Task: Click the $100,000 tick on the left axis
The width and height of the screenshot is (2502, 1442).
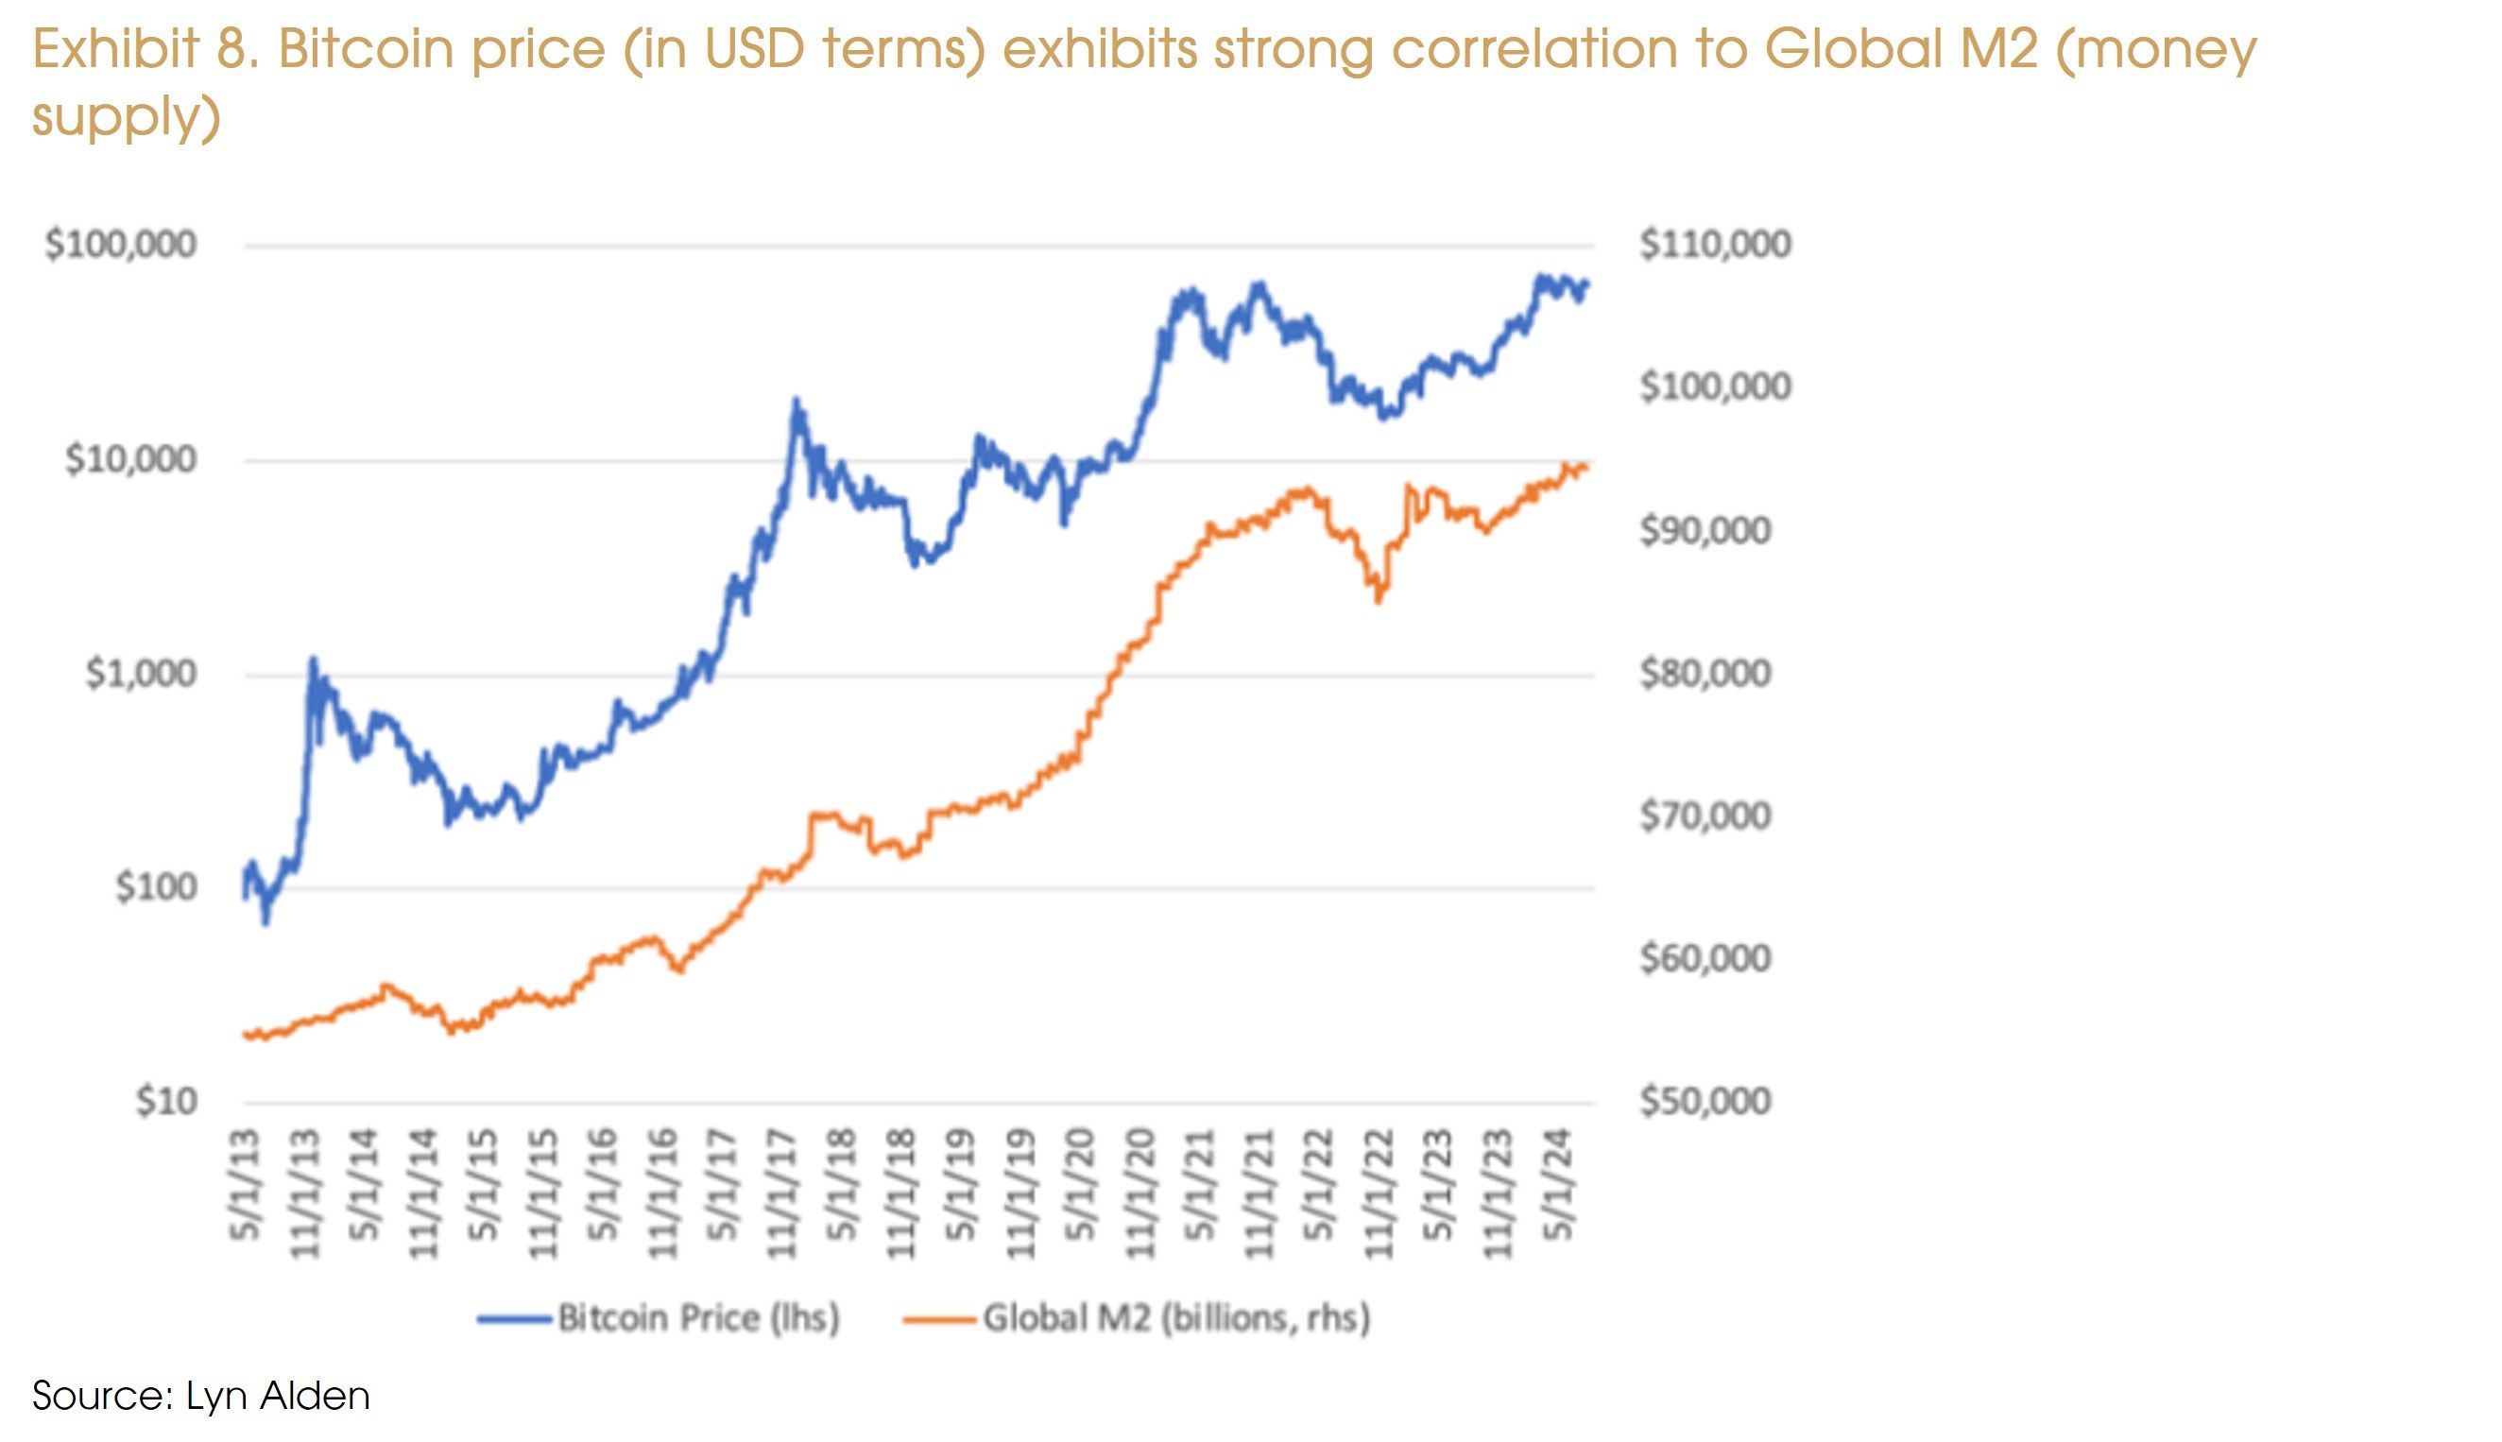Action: click(x=121, y=245)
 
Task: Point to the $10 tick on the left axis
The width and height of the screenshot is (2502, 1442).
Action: click(x=166, y=1101)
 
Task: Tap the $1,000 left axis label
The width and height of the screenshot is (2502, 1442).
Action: click(x=141, y=674)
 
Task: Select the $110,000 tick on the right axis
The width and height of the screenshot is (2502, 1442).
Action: click(x=1715, y=245)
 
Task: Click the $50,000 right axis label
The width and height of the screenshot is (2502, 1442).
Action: click(x=1705, y=1101)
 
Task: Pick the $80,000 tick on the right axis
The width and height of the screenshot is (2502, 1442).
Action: click(x=1705, y=674)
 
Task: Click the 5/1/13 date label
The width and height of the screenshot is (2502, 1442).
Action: click(x=245, y=1185)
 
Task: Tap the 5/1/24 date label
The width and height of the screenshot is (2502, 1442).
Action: click(x=1559, y=1185)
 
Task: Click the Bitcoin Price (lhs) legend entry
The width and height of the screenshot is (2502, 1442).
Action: click(x=698, y=1318)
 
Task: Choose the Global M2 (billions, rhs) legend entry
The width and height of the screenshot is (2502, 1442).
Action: click(x=1176, y=1318)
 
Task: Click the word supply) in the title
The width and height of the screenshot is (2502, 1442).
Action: click(x=126, y=116)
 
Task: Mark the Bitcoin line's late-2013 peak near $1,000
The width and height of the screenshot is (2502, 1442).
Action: click(x=313, y=660)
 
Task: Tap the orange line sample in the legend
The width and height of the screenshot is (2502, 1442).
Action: click(x=938, y=1319)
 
